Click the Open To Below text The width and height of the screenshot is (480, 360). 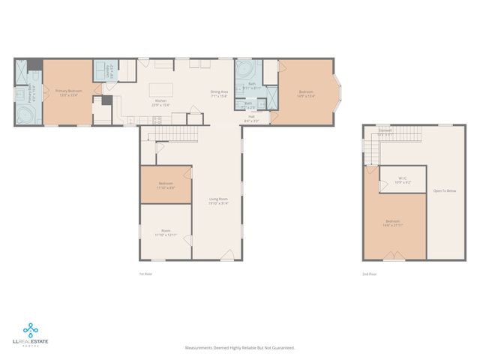[x=445, y=191]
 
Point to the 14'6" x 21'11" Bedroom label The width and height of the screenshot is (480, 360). [x=393, y=222]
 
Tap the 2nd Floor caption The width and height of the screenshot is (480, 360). [x=369, y=274]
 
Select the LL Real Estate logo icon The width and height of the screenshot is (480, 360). [x=29, y=328]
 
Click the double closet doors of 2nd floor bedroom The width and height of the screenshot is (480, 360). [x=394, y=259]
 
